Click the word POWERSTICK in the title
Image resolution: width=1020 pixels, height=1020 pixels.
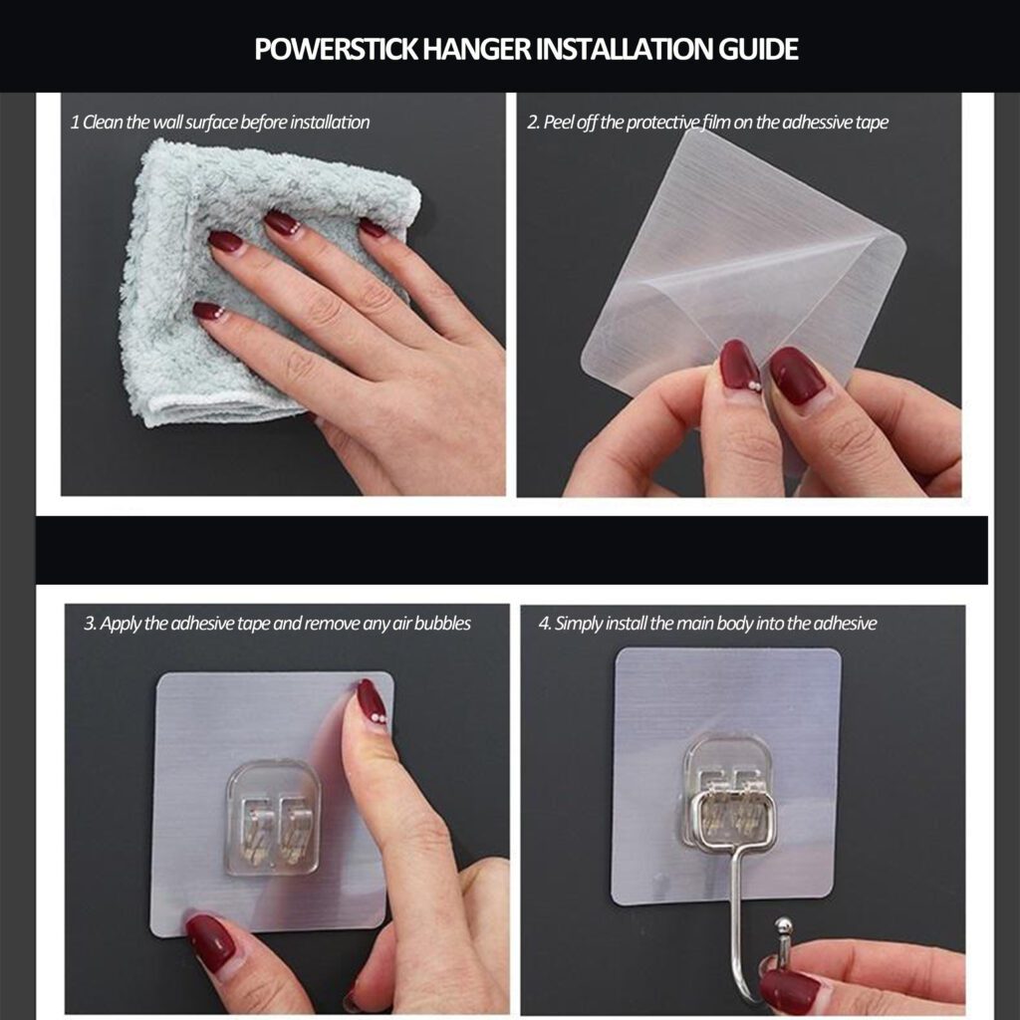point(337,50)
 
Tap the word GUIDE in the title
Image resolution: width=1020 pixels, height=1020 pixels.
point(758,50)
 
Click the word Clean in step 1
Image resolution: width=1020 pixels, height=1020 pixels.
point(103,123)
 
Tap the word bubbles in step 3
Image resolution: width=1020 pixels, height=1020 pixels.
point(442,624)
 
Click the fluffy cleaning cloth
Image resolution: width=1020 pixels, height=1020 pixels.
point(260,280)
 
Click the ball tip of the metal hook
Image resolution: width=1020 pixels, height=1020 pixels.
point(784,925)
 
